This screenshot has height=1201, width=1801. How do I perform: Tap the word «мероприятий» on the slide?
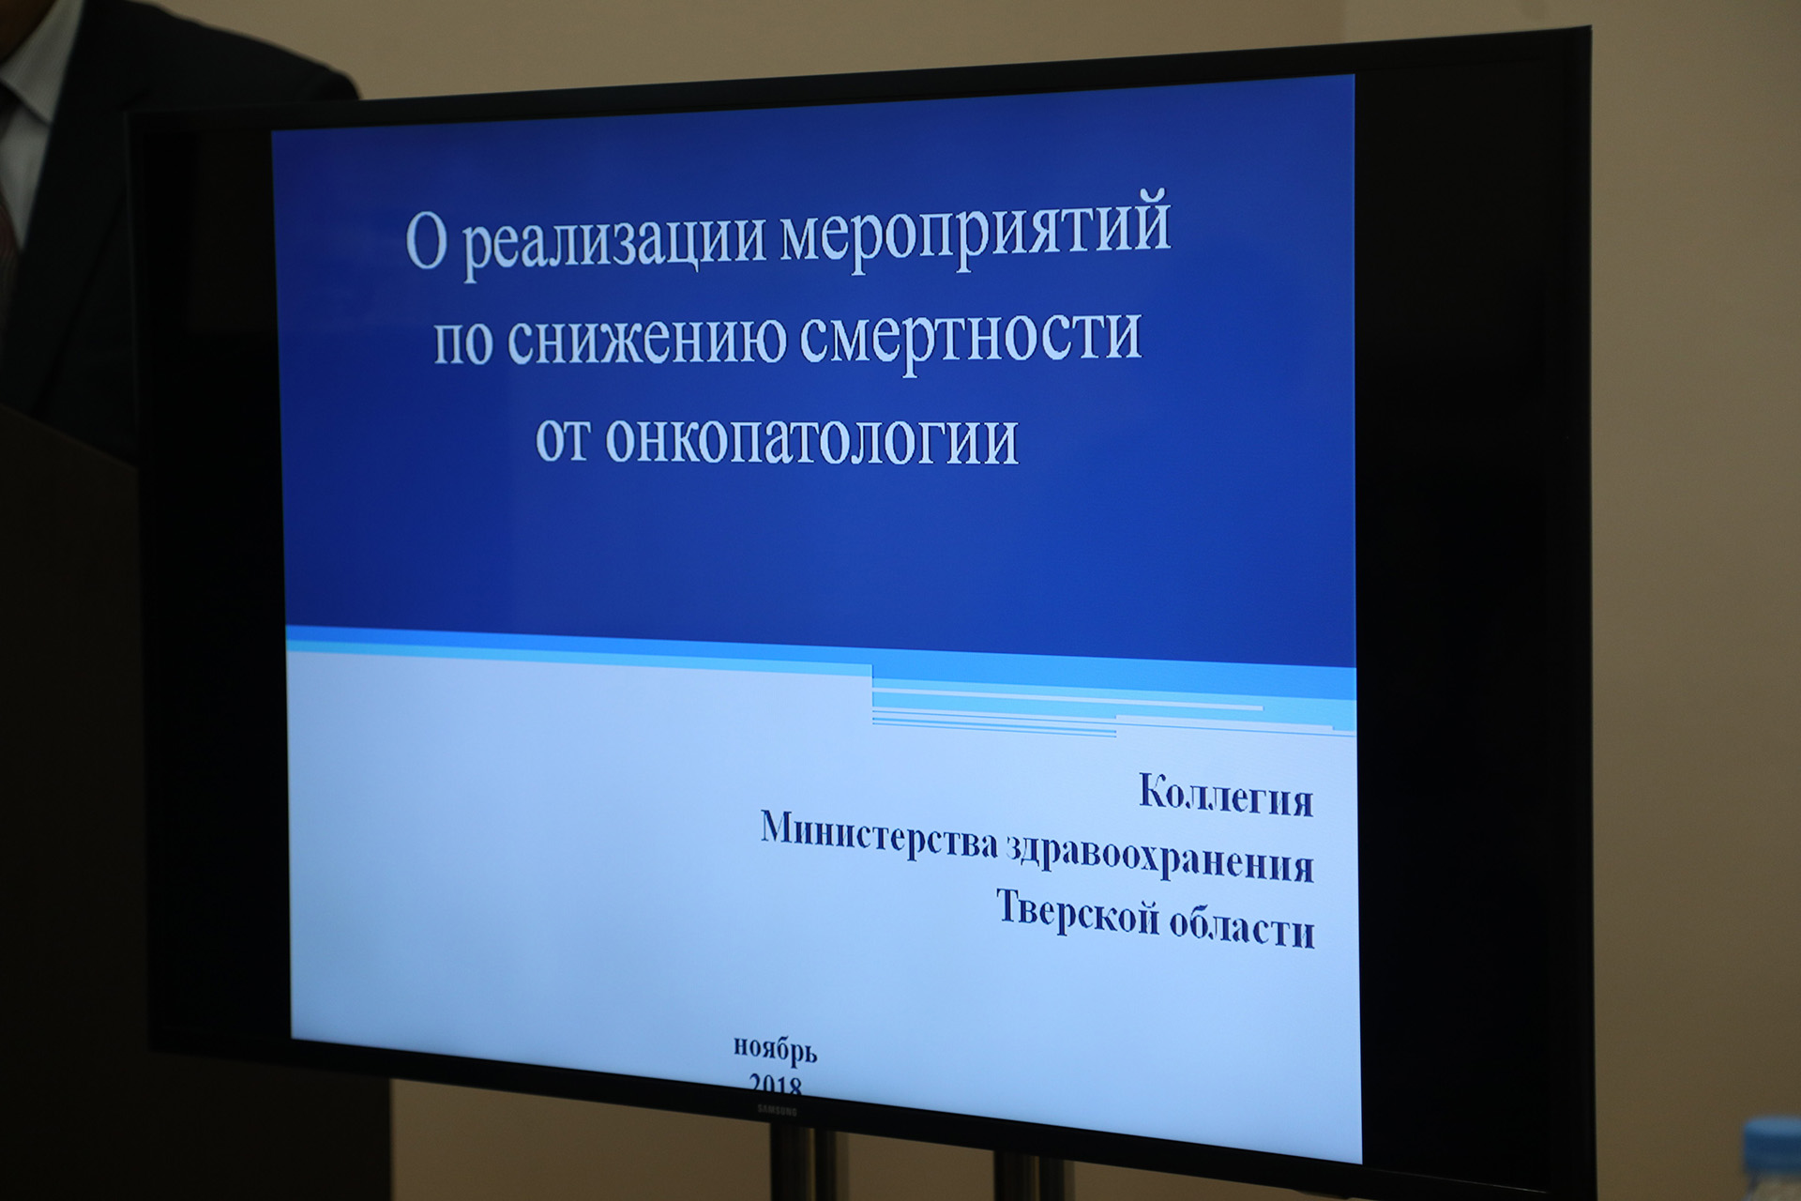pos(976,230)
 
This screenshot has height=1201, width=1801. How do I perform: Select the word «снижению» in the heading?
pos(647,340)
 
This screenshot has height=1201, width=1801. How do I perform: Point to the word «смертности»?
pos(971,339)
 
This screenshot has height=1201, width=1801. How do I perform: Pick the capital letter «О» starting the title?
pos(426,242)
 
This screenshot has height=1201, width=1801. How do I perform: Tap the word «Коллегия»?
pos(1226,796)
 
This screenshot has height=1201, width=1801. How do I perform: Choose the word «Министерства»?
pos(878,834)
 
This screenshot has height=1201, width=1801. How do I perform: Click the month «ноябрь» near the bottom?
pos(776,1049)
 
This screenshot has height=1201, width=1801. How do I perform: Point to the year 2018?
pos(776,1085)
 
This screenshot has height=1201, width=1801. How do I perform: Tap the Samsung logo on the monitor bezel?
pos(777,1110)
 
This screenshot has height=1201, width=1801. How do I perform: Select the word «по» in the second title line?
pos(462,342)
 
